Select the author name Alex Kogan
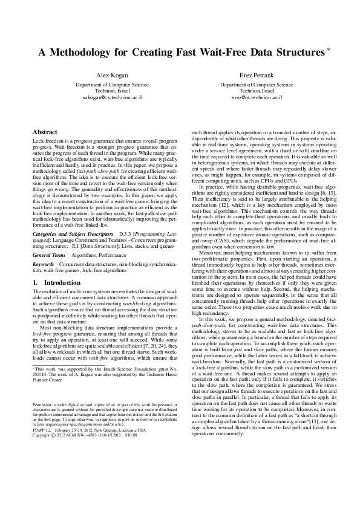pos(111,76)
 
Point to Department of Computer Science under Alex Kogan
pos(112,85)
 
